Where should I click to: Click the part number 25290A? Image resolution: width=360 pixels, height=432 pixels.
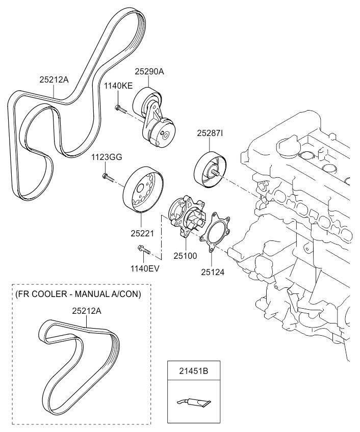coord(149,72)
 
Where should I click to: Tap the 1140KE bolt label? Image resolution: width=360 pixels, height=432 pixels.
coord(119,86)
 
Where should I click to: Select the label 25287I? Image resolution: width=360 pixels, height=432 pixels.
coord(211,133)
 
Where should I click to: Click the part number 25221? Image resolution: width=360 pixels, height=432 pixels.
coord(141,233)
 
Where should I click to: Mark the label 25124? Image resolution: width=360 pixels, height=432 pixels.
coord(213,272)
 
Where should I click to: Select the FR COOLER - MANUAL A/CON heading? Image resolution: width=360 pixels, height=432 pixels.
coord(78,294)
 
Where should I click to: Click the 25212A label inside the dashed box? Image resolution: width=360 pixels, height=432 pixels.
coord(87,310)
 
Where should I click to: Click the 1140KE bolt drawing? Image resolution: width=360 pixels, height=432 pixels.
coord(120,107)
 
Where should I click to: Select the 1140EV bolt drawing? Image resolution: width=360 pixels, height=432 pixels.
coord(141,249)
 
